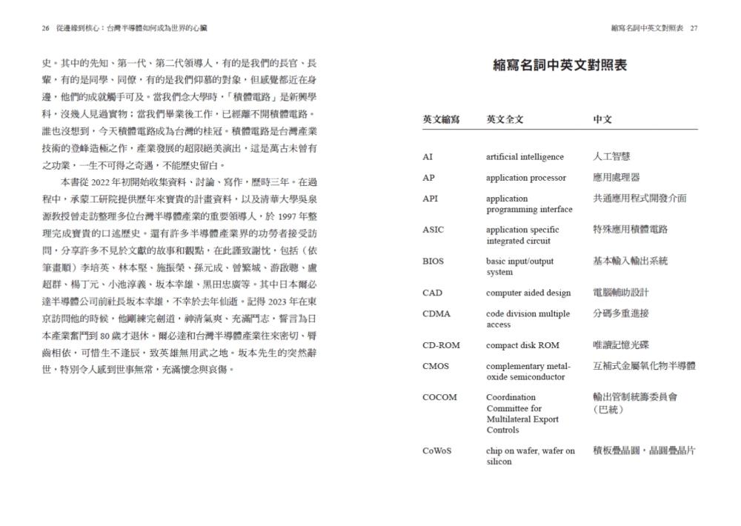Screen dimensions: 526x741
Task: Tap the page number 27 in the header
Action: (694, 28)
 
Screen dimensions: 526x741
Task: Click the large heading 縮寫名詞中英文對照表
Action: (560, 66)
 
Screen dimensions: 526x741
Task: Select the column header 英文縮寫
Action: (441, 119)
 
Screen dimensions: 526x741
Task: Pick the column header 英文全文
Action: (505, 119)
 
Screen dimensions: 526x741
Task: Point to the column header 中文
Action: (602, 119)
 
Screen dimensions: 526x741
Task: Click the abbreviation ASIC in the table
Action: (433, 230)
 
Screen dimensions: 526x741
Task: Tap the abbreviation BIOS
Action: (433, 262)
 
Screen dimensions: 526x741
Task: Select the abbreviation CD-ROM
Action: (439, 345)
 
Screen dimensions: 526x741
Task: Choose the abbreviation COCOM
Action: (439, 397)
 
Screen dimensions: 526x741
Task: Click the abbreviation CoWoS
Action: (437, 450)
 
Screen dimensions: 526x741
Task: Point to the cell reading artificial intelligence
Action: (525, 157)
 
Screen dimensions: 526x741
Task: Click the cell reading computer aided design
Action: (528, 293)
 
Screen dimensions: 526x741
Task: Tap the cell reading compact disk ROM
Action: (522, 345)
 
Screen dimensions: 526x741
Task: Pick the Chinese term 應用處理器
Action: (617, 178)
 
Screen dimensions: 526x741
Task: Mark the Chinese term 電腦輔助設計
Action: (621, 293)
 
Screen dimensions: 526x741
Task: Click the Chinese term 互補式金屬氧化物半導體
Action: (644, 366)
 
